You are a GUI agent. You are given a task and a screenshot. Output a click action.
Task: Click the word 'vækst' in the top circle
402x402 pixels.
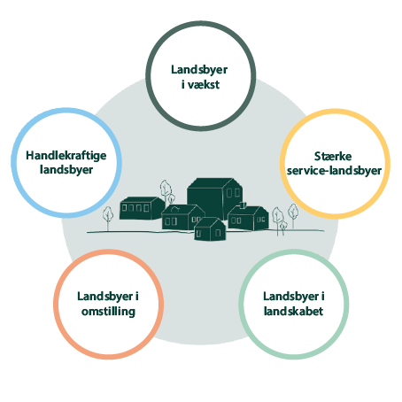[204, 85]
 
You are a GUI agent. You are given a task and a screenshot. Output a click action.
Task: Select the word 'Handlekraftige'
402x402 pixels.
[66, 156]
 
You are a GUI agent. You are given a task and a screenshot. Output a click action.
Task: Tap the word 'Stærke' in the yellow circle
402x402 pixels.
[333, 157]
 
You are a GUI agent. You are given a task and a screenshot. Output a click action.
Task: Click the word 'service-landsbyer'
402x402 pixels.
[334, 171]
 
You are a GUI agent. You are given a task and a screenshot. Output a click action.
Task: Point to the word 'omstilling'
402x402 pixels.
[109, 312]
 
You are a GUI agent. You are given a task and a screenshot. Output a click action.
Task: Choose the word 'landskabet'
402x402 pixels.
[293, 311]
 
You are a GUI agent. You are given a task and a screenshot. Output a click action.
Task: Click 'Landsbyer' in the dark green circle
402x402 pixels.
[199, 70]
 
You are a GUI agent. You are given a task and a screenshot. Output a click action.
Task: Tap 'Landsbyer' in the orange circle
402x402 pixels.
[104, 297]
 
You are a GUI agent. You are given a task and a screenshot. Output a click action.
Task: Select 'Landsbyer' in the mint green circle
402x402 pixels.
[290, 297]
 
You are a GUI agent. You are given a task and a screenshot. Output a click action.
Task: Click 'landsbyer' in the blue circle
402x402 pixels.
[66, 170]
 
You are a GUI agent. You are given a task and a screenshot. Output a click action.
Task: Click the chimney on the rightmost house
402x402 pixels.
[243, 205]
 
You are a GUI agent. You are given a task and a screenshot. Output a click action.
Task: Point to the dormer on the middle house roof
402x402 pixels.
[175, 209]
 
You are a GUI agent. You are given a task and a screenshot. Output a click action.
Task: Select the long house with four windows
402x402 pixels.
[142, 208]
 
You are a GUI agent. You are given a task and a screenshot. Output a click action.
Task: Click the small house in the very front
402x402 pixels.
[210, 229]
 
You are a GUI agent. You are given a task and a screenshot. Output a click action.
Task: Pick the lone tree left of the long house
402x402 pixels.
[108, 218]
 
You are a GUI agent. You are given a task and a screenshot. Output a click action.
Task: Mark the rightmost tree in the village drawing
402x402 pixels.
[293, 215]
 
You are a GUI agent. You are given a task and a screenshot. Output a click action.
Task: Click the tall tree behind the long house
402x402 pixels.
[166, 191]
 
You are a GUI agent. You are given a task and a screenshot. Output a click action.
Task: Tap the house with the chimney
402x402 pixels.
[248, 217]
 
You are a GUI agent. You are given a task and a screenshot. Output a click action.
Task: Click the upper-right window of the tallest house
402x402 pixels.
[237, 193]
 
